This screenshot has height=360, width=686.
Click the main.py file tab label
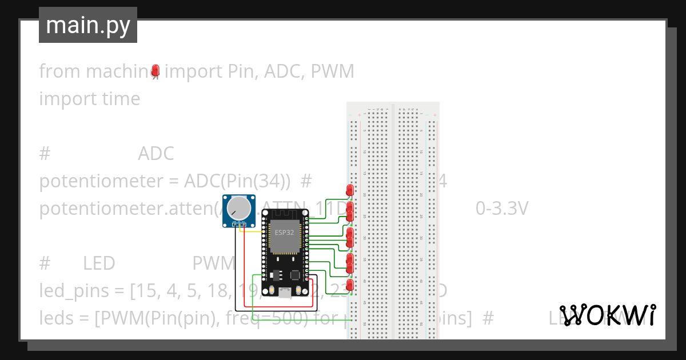click(x=87, y=25)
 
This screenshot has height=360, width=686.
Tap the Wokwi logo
click(x=607, y=315)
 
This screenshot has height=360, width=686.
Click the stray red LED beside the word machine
click(x=155, y=70)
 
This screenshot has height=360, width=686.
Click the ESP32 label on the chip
click(x=284, y=232)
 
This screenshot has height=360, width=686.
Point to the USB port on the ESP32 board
click(x=284, y=294)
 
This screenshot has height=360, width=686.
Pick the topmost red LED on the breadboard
click(x=350, y=190)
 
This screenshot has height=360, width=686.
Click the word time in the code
click(x=120, y=99)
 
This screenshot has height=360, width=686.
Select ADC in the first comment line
click(x=155, y=154)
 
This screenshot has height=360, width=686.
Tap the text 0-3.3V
click(x=501, y=209)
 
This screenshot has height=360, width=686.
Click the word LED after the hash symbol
click(x=99, y=263)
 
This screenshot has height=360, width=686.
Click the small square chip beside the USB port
click(x=296, y=275)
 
